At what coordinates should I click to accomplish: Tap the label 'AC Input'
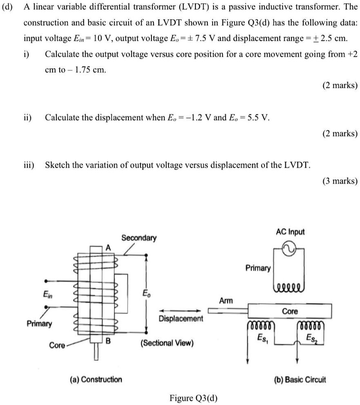tap(290, 232)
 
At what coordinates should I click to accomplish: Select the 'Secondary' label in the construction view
tap(139, 238)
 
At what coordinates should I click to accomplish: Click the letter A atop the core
tap(108, 247)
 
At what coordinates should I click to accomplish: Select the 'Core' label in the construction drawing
tap(57, 345)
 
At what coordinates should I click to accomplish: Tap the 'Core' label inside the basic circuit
tap(290, 311)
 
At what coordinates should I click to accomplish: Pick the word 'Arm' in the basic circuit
tap(226, 300)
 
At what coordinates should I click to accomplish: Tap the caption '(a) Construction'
tap(96, 379)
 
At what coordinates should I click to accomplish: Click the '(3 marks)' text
tap(340, 181)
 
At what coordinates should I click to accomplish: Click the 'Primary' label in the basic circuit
tap(258, 268)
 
